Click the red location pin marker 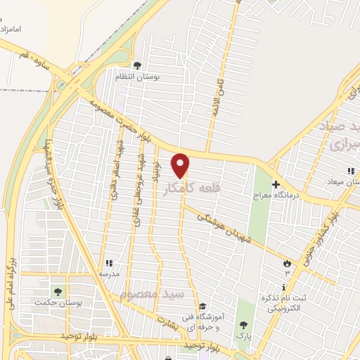point(181,165)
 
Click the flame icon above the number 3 point(286,263)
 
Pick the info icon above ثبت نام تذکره point(283,288)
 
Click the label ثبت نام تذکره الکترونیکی point(284,303)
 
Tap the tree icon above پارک point(243,324)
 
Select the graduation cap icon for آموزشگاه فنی point(202,306)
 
